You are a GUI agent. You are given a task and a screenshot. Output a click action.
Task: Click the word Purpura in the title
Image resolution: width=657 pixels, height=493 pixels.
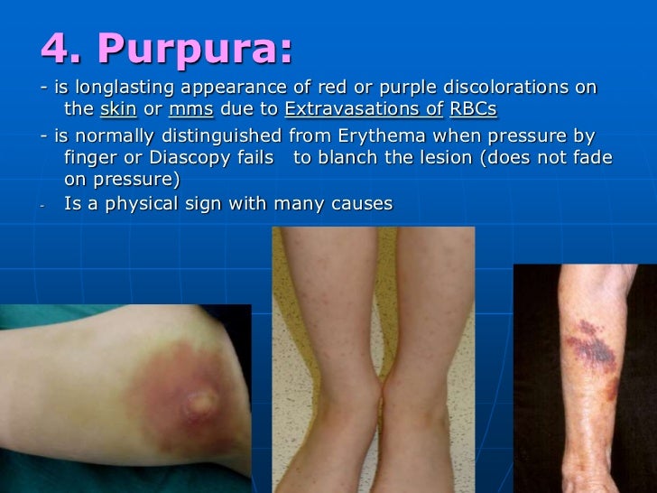195,50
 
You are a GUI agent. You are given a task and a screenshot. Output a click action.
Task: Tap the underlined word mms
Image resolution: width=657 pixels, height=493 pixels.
190,110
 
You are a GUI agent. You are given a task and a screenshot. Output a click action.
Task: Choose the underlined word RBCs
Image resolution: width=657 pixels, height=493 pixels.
473,110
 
